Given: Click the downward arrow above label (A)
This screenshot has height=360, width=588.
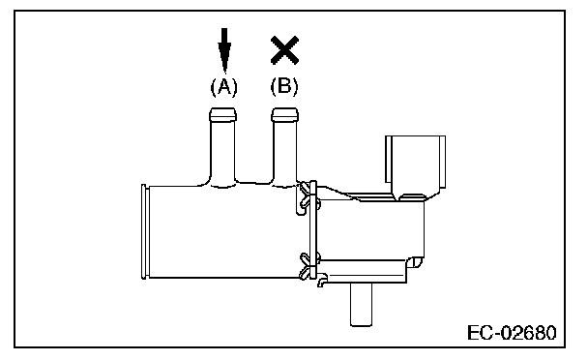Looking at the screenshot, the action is [224, 50].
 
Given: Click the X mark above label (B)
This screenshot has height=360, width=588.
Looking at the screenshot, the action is [284, 50].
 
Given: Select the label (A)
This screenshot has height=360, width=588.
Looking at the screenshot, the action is [223, 87].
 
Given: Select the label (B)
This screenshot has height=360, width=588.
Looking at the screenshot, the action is [284, 87].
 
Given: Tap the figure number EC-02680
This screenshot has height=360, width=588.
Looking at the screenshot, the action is [512, 333].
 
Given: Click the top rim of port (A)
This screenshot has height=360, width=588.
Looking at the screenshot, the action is [222, 114].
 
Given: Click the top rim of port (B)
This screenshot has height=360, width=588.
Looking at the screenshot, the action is [285, 114].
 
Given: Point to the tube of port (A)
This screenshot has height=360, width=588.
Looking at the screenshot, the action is [222, 152].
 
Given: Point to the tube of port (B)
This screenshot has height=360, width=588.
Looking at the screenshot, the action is [285, 152].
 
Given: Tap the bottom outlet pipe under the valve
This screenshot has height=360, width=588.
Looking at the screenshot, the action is [361, 305].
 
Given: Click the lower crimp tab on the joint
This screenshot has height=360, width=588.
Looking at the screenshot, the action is [309, 266].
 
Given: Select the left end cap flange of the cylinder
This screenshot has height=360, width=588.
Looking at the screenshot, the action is [145, 231].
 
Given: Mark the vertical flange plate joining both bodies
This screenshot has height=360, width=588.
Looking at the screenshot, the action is [313, 230].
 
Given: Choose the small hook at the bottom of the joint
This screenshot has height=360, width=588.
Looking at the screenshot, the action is [322, 281].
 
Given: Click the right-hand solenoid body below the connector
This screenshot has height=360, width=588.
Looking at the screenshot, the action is [371, 229].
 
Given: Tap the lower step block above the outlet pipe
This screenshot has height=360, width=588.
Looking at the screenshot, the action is [363, 271].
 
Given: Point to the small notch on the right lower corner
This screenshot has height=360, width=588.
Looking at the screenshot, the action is [415, 261].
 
